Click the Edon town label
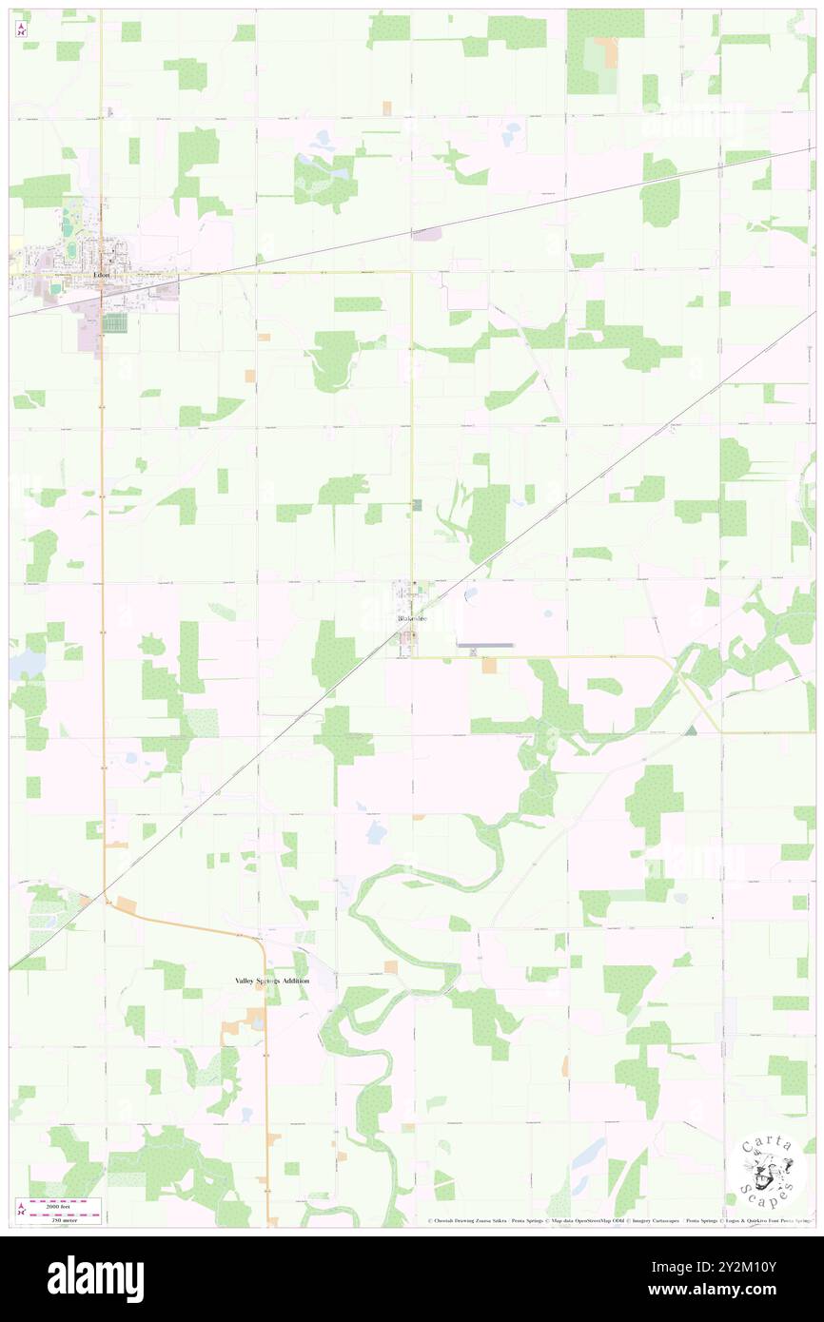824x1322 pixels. coord(102,275)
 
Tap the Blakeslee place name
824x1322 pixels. coord(412,619)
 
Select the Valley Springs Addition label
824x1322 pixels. coord(273,980)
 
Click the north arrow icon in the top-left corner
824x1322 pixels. coord(21,29)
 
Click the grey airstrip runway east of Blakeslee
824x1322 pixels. coord(485,645)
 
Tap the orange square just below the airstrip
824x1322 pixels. coord(489,667)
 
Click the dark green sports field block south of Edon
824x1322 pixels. coord(115,323)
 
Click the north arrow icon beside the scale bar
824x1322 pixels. coord(21,1209)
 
